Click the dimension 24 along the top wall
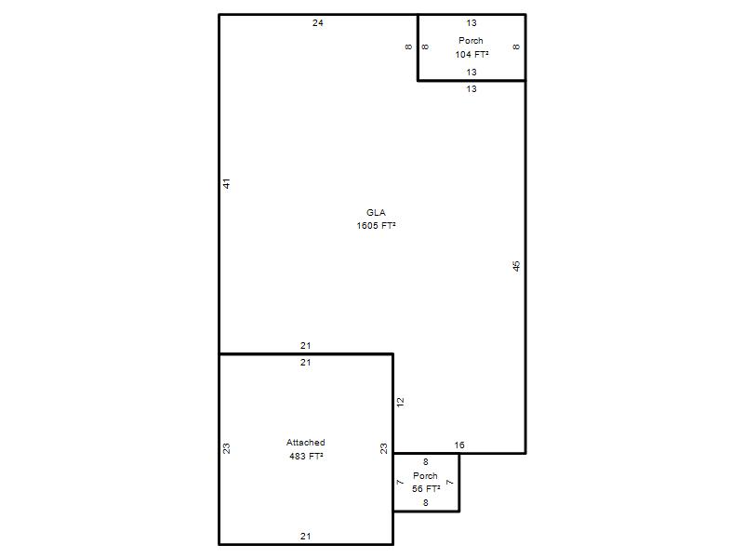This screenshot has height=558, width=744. pyautogui.click(x=317, y=22)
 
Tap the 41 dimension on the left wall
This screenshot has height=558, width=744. pyautogui.click(x=226, y=183)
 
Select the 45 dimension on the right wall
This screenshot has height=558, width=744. pyautogui.click(x=516, y=266)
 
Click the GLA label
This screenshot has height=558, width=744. pyautogui.click(x=376, y=213)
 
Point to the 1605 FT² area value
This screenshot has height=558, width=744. pyautogui.click(x=376, y=226)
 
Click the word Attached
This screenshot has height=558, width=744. pyautogui.click(x=306, y=443)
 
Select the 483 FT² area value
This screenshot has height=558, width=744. pyautogui.click(x=306, y=456)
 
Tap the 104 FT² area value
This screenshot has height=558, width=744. pyautogui.click(x=472, y=55)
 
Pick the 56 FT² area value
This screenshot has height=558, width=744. pyautogui.click(x=426, y=489)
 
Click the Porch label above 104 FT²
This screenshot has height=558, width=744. pyautogui.click(x=471, y=41)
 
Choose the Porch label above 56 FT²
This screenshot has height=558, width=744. pyautogui.click(x=425, y=475)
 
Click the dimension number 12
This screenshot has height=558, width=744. pyautogui.click(x=400, y=403)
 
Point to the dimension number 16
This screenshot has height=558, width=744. pyautogui.click(x=459, y=445)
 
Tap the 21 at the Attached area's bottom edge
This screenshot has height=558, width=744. pyautogui.click(x=306, y=537)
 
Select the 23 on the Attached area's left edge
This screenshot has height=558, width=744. pyautogui.click(x=226, y=448)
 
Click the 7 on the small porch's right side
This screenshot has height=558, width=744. pyautogui.click(x=450, y=483)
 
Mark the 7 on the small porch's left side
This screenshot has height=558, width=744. pyautogui.click(x=400, y=483)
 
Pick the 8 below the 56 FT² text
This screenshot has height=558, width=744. pyautogui.click(x=426, y=503)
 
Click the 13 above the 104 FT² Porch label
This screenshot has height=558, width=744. pyautogui.click(x=472, y=22)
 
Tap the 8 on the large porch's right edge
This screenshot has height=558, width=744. pyautogui.click(x=516, y=47)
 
